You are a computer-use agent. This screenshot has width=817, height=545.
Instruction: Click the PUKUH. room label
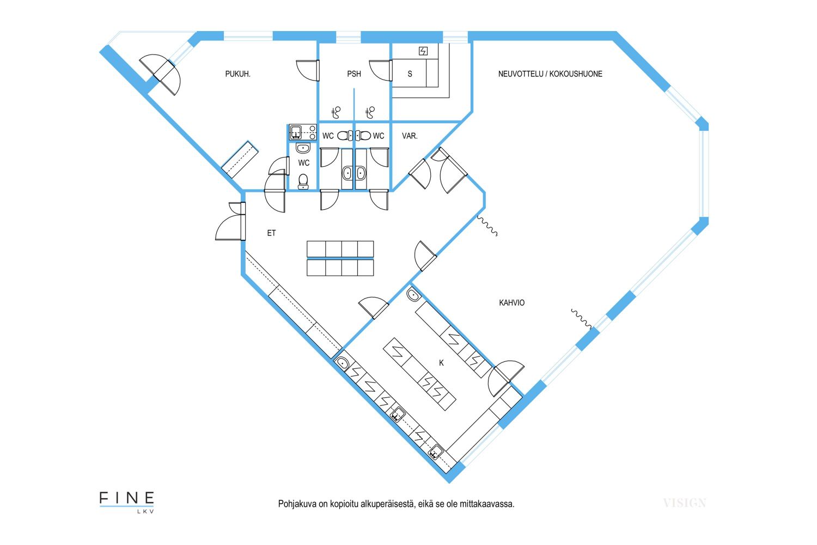[x=237, y=74]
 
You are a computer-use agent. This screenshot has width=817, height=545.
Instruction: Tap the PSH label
[x=354, y=74]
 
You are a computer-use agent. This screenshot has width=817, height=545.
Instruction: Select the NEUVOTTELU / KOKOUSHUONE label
[x=550, y=74]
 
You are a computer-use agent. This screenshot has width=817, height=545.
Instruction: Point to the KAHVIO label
[x=512, y=302]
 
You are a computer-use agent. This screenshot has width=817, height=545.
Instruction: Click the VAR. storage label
[x=410, y=136]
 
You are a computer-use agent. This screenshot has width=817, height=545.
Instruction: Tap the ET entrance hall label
[x=271, y=233]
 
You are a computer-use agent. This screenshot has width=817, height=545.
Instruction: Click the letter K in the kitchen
[x=441, y=363]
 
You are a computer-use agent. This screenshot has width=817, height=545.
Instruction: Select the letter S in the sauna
[x=410, y=74]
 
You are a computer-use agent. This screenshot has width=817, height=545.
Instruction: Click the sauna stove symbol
[x=423, y=51]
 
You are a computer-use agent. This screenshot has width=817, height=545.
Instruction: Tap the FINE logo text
[x=126, y=498]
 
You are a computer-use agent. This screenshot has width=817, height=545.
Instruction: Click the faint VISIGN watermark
[x=685, y=503]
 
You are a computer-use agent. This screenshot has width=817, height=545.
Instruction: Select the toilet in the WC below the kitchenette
[x=303, y=181]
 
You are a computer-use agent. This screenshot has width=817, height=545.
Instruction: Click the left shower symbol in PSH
[x=336, y=112]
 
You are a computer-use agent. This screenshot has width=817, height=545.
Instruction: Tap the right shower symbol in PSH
[x=370, y=112]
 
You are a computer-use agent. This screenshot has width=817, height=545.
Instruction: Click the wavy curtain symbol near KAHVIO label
[x=581, y=319]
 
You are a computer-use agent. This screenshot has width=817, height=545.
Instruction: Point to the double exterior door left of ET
[x=231, y=221]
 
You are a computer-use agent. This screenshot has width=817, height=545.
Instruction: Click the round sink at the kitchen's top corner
[x=413, y=295]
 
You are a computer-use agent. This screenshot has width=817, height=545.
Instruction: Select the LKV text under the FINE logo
[x=145, y=511]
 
